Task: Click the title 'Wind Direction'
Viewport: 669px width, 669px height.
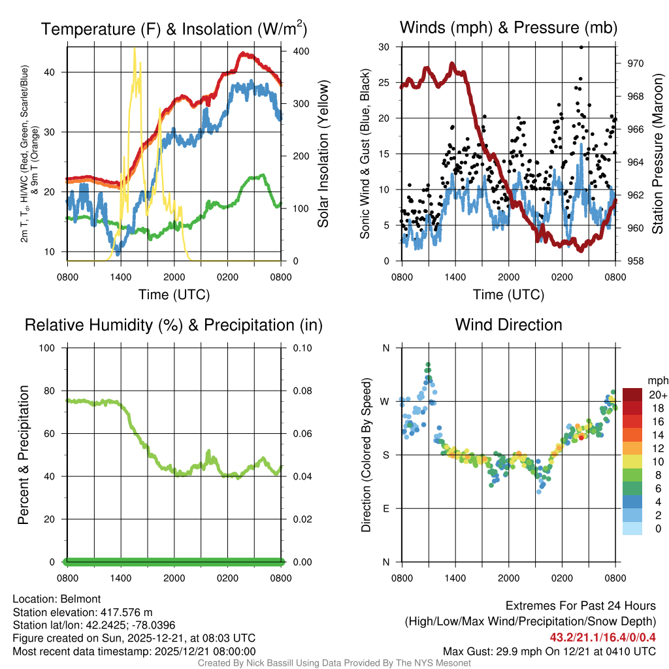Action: (x=508, y=325)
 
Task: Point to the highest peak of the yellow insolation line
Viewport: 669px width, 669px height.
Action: (x=135, y=49)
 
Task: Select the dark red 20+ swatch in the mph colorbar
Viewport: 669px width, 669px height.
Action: (x=632, y=395)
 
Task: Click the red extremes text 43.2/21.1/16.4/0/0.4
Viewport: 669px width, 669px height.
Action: (x=602, y=637)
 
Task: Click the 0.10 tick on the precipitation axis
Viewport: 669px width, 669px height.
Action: (x=301, y=348)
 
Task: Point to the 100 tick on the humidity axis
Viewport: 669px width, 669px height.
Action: (x=48, y=348)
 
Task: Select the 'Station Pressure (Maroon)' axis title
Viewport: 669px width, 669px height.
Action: (x=657, y=154)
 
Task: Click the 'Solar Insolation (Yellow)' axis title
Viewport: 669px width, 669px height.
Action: (x=323, y=154)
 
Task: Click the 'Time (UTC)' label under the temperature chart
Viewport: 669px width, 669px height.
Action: (x=174, y=295)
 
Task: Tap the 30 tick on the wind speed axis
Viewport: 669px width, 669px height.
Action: (x=384, y=47)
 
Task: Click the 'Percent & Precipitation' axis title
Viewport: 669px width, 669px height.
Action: (x=24, y=455)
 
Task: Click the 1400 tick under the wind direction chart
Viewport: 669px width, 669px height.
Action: (x=455, y=578)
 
